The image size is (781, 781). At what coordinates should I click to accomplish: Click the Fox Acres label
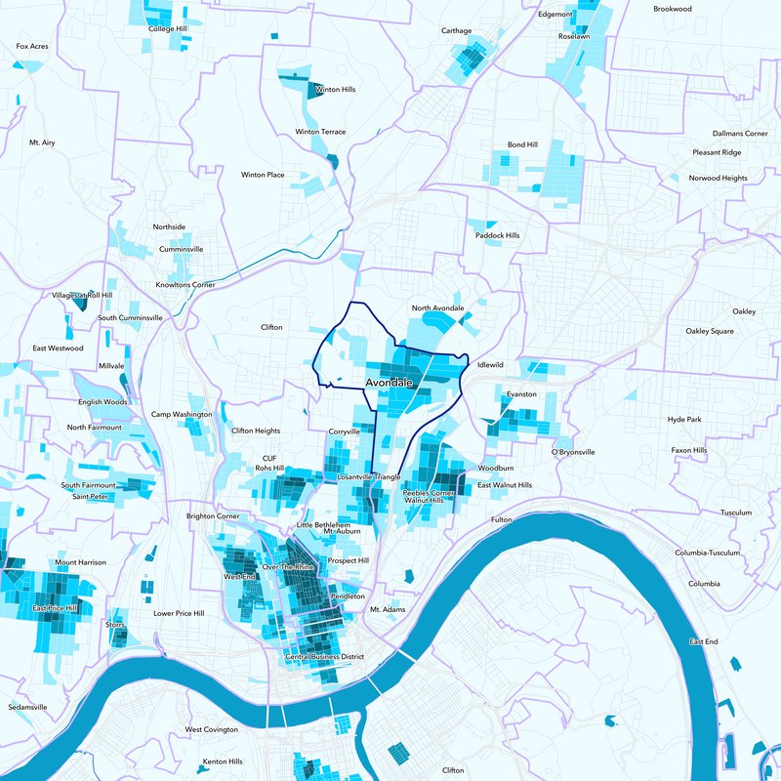click(32, 46)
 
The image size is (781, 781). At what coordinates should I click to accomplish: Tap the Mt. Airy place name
click(42, 143)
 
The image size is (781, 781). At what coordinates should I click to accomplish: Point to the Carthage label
click(456, 30)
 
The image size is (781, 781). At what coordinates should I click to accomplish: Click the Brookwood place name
click(673, 8)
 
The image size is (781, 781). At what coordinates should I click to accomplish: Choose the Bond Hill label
click(522, 144)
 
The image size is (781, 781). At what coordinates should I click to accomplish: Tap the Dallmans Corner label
click(740, 133)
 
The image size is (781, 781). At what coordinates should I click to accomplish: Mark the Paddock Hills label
click(498, 235)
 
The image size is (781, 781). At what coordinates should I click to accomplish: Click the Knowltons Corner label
click(185, 284)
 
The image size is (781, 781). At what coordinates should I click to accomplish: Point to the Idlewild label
click(489, 365)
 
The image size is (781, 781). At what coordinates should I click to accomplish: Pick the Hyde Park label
click(684, 419)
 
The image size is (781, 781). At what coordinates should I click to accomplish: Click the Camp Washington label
click(182, 414)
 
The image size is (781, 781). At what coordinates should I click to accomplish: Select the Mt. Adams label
click(387, 609)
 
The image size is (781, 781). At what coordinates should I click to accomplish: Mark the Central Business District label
click(324, 657)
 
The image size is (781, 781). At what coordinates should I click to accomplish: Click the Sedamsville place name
click(27, 707)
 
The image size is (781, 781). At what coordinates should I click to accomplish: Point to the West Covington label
click(212, 729)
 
